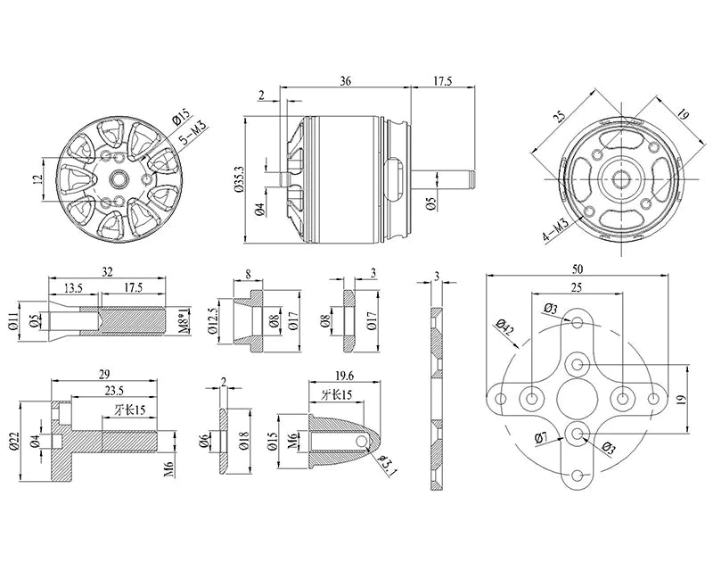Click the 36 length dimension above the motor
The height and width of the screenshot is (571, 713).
click(345, 80)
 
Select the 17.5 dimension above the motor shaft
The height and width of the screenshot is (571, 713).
click(442, 80)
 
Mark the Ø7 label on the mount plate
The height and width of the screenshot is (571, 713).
click(541, 437)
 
